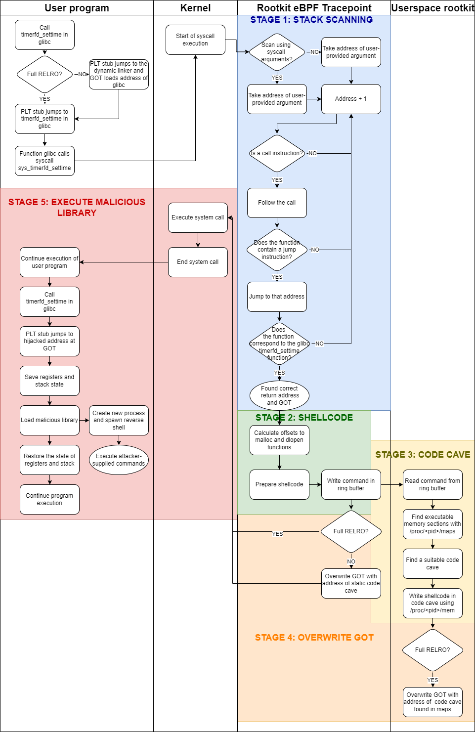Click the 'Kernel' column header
click(x=195, y=8)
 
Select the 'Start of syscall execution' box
click(x=195, y=40)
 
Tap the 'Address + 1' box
click(x=351, y=99)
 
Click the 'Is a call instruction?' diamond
click(x=277, y=153)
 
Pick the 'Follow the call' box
click(x=277, y=203)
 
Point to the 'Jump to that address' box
click(x=277, y=297)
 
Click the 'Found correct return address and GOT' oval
click(x=279, y=395)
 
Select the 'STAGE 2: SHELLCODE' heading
click(x=304, y=418)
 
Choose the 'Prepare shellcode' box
click(x=279, y=484)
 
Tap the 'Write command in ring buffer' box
click(x=351, y=484)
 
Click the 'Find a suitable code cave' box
click(x=432, y=563)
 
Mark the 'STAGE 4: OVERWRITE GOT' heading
click(x=314, y=638)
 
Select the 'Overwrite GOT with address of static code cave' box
click(x=351, y=583)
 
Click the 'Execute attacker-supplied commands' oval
click(x=119, y=460)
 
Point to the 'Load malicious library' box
click(x=49, y=420)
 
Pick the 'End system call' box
click(x=198, y=262)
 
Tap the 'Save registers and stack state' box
click(x=49, y=381)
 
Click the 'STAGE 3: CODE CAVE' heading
click(x=423, y=455)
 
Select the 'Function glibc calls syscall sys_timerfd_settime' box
click(x=44, y=161)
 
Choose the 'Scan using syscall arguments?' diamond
click(x=277, y=52)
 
